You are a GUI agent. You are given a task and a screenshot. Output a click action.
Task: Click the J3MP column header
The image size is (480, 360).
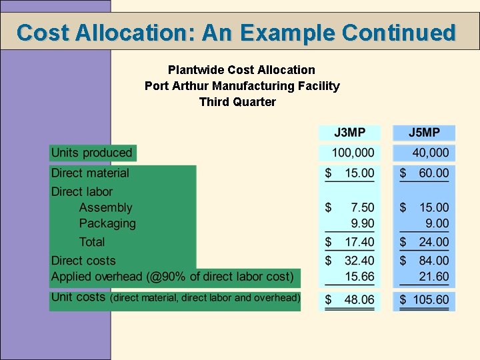point(349,133)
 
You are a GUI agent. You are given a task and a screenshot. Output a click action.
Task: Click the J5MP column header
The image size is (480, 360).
point(424,133)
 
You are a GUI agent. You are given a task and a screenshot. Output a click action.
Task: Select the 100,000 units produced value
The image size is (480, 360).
point(353,153)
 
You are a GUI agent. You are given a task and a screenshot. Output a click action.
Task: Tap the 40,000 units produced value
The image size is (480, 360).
point(430,153)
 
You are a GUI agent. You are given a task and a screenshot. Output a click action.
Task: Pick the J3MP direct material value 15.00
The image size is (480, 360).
point(359,173)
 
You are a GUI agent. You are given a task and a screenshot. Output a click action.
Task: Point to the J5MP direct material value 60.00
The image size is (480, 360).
point(433,173)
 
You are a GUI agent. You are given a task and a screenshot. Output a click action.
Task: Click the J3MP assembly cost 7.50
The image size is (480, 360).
point(363,208)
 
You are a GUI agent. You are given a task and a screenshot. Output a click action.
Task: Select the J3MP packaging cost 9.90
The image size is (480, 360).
point(363,223)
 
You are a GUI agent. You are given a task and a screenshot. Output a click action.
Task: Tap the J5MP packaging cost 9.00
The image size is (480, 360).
point(437,223)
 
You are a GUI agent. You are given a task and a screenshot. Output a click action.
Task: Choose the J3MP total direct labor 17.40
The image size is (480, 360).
point(359,242)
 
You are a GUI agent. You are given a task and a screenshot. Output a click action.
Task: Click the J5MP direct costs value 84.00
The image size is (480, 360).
point(433,261)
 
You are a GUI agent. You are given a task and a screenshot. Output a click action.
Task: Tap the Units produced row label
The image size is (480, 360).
point(92,153)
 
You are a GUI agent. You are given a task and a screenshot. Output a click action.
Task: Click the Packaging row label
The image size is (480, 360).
point(107,223)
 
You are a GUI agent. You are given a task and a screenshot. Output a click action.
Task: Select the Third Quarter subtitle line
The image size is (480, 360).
point(237,102)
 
